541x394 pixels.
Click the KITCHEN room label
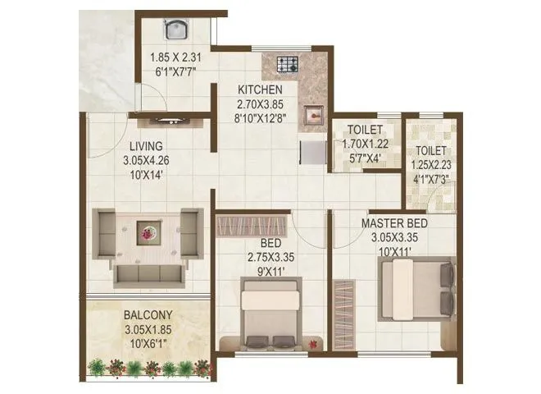[x=261, y=89]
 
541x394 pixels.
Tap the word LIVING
[x=143, y=148]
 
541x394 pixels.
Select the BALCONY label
[x=148, y=314]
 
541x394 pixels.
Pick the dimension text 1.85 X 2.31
[x=175, y=58]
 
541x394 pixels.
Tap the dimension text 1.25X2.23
[x=431, y=164]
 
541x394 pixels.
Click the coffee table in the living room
[x=148, y=233]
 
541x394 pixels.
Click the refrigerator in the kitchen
[x=312, y=153]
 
